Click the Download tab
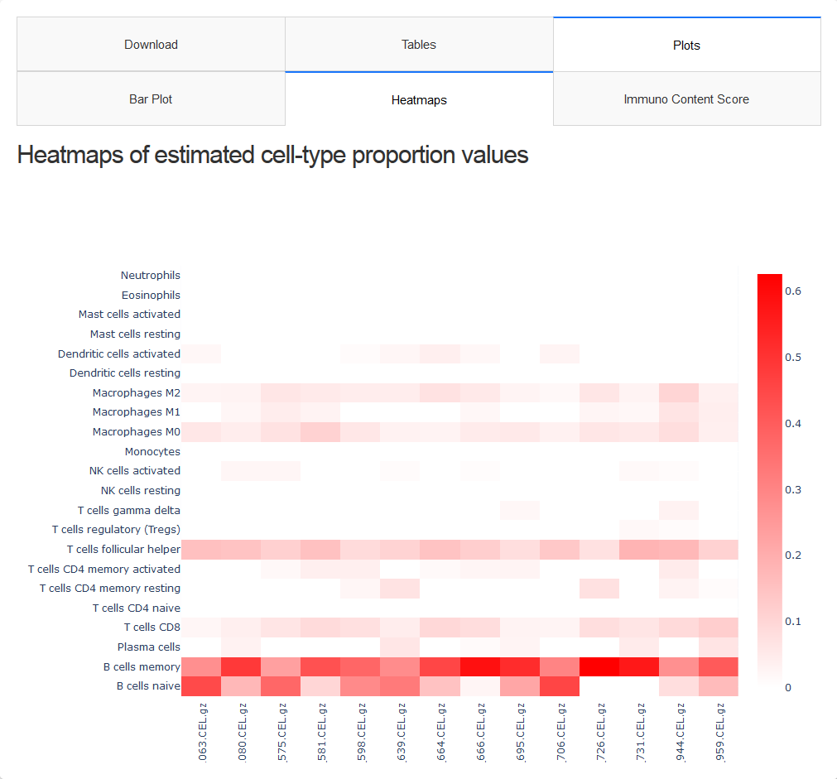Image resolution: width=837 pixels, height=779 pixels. (151, 45)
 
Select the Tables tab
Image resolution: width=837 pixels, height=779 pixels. (419, 45)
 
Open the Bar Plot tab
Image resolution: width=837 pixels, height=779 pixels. (151, 99)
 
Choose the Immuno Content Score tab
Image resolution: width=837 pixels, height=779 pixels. (686, 99)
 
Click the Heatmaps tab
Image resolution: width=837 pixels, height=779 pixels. (419, 100)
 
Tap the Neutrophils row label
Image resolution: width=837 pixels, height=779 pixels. (150, 276)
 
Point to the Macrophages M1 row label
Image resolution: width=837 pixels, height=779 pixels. (136, 412)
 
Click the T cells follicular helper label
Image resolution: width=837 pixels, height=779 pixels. (123, 550)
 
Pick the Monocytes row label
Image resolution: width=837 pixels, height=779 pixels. (152, 452)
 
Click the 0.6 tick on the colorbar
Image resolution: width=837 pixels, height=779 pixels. (793, 291)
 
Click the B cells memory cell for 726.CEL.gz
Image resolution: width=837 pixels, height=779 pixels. (599, 667)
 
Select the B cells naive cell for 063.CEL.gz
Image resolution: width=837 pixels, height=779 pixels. (201, 686)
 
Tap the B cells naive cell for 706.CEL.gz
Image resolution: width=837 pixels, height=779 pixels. (560, 686)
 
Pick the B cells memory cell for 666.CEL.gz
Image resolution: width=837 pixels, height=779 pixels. (480, 667)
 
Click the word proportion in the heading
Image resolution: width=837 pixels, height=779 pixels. (397, 156)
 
